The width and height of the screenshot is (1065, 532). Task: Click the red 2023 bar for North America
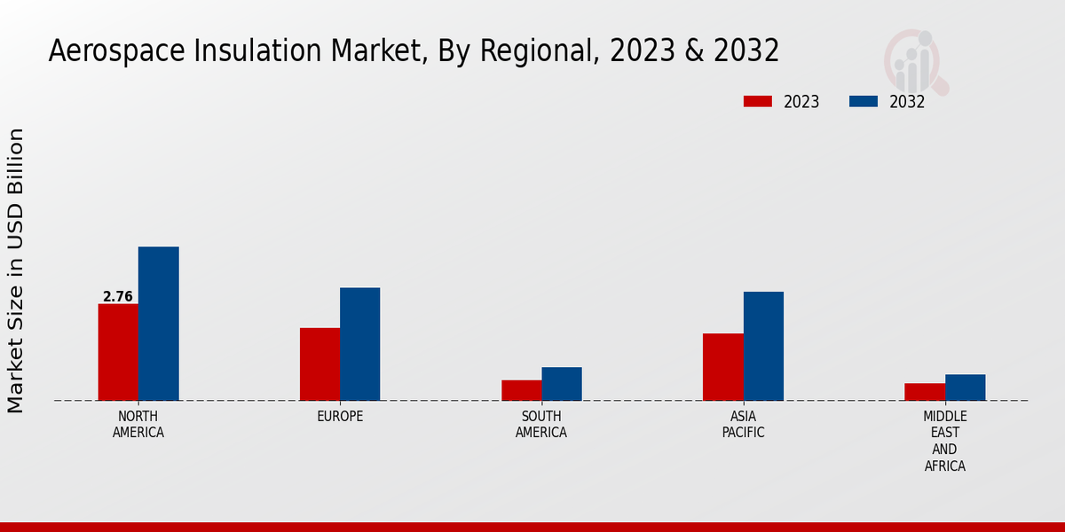[x=118, y=352]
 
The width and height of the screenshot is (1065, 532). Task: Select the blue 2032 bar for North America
[x=159, y=324]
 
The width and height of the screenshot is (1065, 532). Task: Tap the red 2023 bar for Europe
[x=319, y=364]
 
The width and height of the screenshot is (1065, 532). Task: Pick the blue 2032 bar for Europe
[x=360, y=344]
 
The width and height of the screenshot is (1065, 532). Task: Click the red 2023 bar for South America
[x=521, y=390]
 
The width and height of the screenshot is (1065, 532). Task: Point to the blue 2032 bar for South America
[x=562, y=384]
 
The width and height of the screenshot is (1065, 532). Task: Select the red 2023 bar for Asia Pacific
[x=723, y=367]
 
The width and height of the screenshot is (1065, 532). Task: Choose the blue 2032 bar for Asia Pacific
[x=763, y=346]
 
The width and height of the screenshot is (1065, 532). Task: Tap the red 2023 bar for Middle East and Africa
[x=925, y=392]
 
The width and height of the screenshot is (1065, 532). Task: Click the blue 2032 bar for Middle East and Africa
[x=966, y=387]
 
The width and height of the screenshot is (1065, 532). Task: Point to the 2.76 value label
[x=118, y=297]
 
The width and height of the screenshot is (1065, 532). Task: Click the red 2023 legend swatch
[x=758, y=101]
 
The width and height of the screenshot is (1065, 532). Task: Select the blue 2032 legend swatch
[x=864, y=101]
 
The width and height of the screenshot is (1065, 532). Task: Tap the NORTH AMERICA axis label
[x=138, y=425]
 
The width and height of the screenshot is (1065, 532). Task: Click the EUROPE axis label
[x=340, y=417]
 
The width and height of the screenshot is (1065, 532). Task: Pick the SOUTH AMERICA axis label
[x=541, y=425]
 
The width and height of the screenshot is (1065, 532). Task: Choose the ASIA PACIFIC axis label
[x=744, y=425]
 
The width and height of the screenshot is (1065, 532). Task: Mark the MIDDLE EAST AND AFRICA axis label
[x=945, y=441]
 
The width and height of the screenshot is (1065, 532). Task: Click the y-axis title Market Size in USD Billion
[x=16, y=270]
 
